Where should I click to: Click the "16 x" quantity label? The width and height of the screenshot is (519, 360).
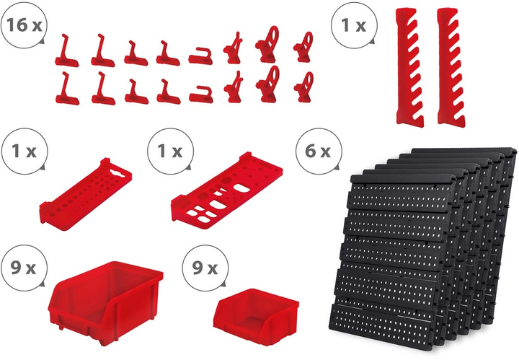(25, 25)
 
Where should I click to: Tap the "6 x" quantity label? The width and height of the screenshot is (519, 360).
(317, 151)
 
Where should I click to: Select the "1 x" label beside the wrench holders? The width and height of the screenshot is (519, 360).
(353, 25)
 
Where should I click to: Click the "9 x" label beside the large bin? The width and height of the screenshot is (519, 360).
(23, 268)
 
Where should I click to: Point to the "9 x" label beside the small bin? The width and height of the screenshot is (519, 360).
(205, 268)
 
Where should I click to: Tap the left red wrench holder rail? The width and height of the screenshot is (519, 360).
(409, 68)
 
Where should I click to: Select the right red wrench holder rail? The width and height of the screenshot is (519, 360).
(451, 66)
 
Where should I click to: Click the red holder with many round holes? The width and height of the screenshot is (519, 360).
(86, 194)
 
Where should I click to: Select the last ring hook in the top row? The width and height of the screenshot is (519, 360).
(303, 47)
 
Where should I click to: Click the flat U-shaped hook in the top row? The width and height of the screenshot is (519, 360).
(200, 56)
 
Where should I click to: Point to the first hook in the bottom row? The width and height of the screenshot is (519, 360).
(67, 89)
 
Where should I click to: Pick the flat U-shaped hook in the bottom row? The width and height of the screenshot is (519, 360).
(201, 95)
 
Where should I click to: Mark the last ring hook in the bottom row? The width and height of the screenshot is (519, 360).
(303, 87)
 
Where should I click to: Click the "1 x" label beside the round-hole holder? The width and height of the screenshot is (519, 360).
(24, 151)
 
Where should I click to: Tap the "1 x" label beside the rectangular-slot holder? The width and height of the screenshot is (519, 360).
(170, 151)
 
